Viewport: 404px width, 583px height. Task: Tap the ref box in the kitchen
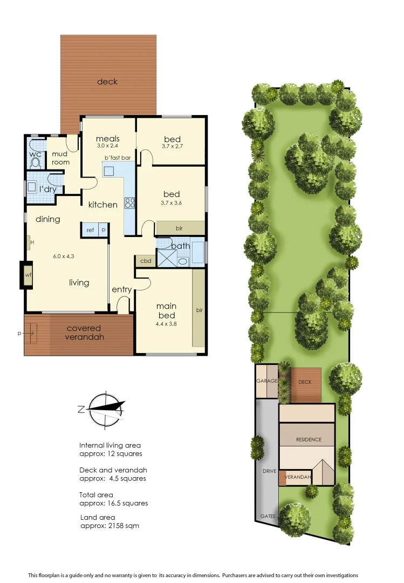(90, 230)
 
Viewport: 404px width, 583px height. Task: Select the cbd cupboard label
(145, 261)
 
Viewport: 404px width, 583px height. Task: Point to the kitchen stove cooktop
(129, 203)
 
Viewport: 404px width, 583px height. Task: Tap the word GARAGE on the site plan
(266, 382)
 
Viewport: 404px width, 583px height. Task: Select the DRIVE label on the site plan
(269, 471)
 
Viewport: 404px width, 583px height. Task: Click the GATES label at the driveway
(268, 516)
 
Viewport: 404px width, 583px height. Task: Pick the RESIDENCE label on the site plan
(308, 439)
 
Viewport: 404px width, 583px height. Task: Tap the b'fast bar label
(118, 158)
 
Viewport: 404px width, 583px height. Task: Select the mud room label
(60, 158)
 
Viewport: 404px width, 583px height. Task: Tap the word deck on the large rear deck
(107, 82)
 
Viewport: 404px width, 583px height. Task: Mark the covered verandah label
(85, 333)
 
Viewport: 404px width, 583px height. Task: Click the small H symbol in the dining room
(32, 242)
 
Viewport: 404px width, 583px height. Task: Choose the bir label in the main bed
(199, 310)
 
